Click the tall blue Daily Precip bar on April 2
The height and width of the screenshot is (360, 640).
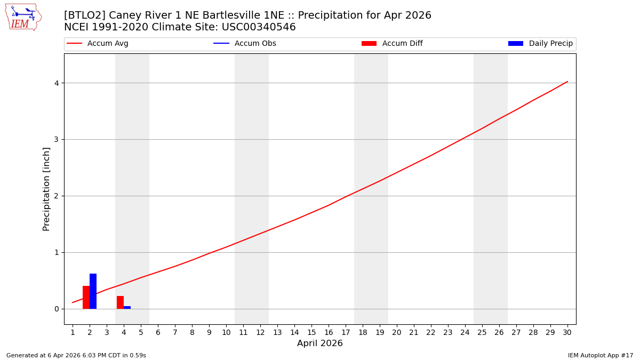(93, 291)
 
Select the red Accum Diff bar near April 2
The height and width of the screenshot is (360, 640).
(86, 297)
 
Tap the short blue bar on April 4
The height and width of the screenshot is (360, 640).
(127, 307)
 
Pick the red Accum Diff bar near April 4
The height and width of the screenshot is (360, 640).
(120, 302)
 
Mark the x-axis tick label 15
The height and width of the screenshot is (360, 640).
(311, 332)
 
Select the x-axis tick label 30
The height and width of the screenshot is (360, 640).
(567, 332)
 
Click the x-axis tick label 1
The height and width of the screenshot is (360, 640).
(73, 332)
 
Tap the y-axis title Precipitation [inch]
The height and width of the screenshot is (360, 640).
(46, 189)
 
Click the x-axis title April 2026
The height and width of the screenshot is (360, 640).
(320, 343)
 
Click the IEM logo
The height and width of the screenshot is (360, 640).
(23, 17)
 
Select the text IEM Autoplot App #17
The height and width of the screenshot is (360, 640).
(601, 355)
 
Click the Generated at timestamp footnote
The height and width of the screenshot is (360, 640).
(76, 355)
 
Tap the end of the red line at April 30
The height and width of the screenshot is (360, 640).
(567, 82)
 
